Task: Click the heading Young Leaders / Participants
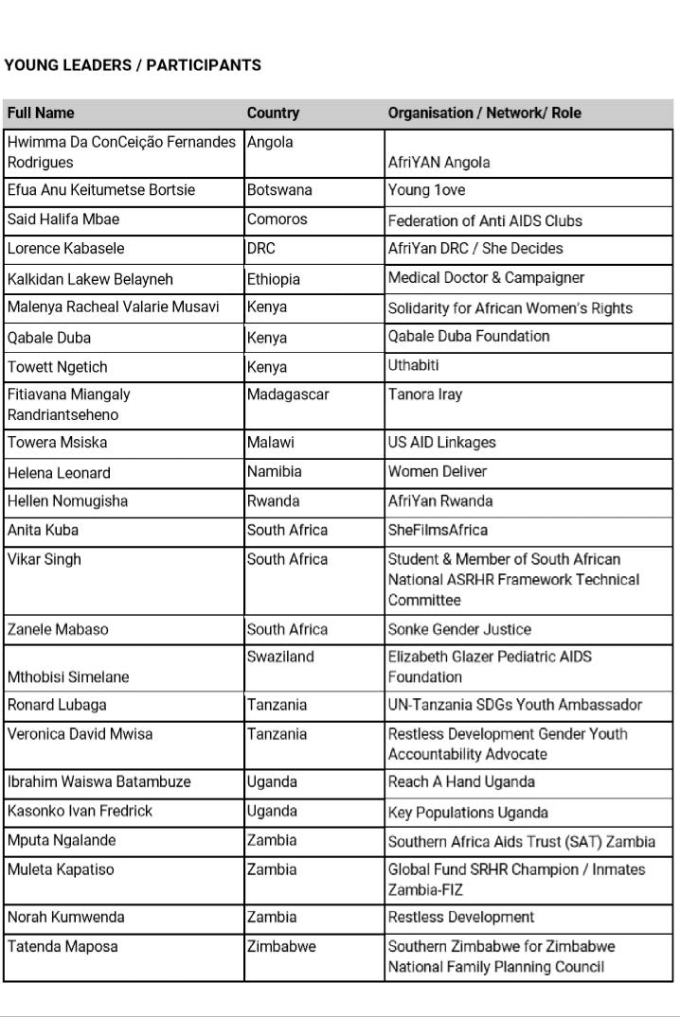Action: (x=133, y=65)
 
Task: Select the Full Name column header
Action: (x=41, y=113)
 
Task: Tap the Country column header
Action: (x=273, y=113)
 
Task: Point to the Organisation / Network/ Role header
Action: (x=484, y=113)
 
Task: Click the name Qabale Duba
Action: (x=49, y=338)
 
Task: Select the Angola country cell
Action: (x=270, y=142)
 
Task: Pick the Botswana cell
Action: (x=279, y=190)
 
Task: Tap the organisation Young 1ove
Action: (x=426, y=190)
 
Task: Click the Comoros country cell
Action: (x=277, y=219)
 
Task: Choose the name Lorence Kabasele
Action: (x=65, y=249)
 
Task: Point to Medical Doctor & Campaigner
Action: (x=486, y=278)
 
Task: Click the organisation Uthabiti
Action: (x=414, y=365)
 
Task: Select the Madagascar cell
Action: (x=288, y=395)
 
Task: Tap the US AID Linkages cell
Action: (x=441, y=442)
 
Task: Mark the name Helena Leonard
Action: (x=59, y=473)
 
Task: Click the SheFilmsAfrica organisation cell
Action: (x=438, y=531)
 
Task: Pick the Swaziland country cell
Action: (x=280, y=657)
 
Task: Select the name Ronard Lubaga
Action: (x=57, y=705)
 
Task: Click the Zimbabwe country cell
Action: (x=281, y=946)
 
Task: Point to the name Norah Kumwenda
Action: (x=65, y=917)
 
